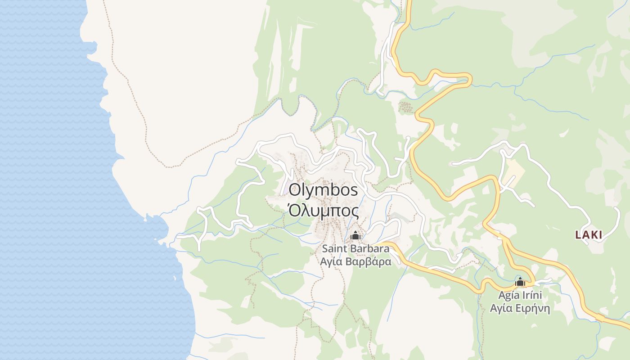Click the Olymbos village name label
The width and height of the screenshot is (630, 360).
tap(324, 190)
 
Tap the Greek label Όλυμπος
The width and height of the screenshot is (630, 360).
tap(324, 211)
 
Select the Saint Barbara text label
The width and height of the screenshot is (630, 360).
tap(355, 248)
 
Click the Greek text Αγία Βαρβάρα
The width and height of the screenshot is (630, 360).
tap(355, 261)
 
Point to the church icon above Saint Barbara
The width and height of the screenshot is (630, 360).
tap(355, 235)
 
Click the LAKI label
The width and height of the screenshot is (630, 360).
tap(589, 234)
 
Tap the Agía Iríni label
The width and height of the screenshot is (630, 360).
tap(520, 296)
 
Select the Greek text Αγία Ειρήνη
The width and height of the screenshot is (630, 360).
tap(520, 309)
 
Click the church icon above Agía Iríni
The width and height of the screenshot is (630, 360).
tap(520, 283)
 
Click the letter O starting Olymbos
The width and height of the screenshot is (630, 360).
tap(295, 190)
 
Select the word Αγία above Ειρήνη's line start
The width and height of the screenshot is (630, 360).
tap(500, 309)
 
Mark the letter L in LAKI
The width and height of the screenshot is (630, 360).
tap(578, 234)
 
